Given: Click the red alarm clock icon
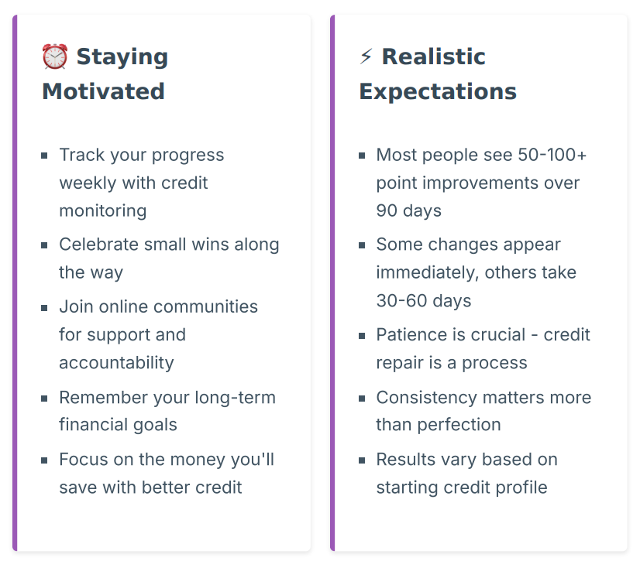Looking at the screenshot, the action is pyautogui.click(x=55, y=56).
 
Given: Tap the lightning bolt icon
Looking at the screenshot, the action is pyautogui.click(x=366, y=56).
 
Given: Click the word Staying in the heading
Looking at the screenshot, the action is pyautogui.click(x=122, y=57).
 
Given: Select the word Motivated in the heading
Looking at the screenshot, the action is pyautogui.click(x=103, y=91).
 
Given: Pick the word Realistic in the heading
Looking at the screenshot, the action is pyautogui.click(x=433, y=56).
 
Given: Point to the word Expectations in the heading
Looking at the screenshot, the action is pyautogui.click(x=438, y=92).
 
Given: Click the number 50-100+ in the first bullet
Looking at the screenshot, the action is pyautogui.click(x=552, y=155).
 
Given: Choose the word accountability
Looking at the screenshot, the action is pyautogui.click(x=116, y=363).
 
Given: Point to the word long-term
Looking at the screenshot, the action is pyautogui.click(x=235, y=398).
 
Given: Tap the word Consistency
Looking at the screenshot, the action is pyautogui.click(x=426, y=398).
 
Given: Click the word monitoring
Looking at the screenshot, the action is pyautogui.click(x=103, y=211).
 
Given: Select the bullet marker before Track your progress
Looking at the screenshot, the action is pyautogui.click(x=44, y=156).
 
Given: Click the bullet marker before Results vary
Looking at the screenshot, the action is pyautogui.click(x=362, y=460).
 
